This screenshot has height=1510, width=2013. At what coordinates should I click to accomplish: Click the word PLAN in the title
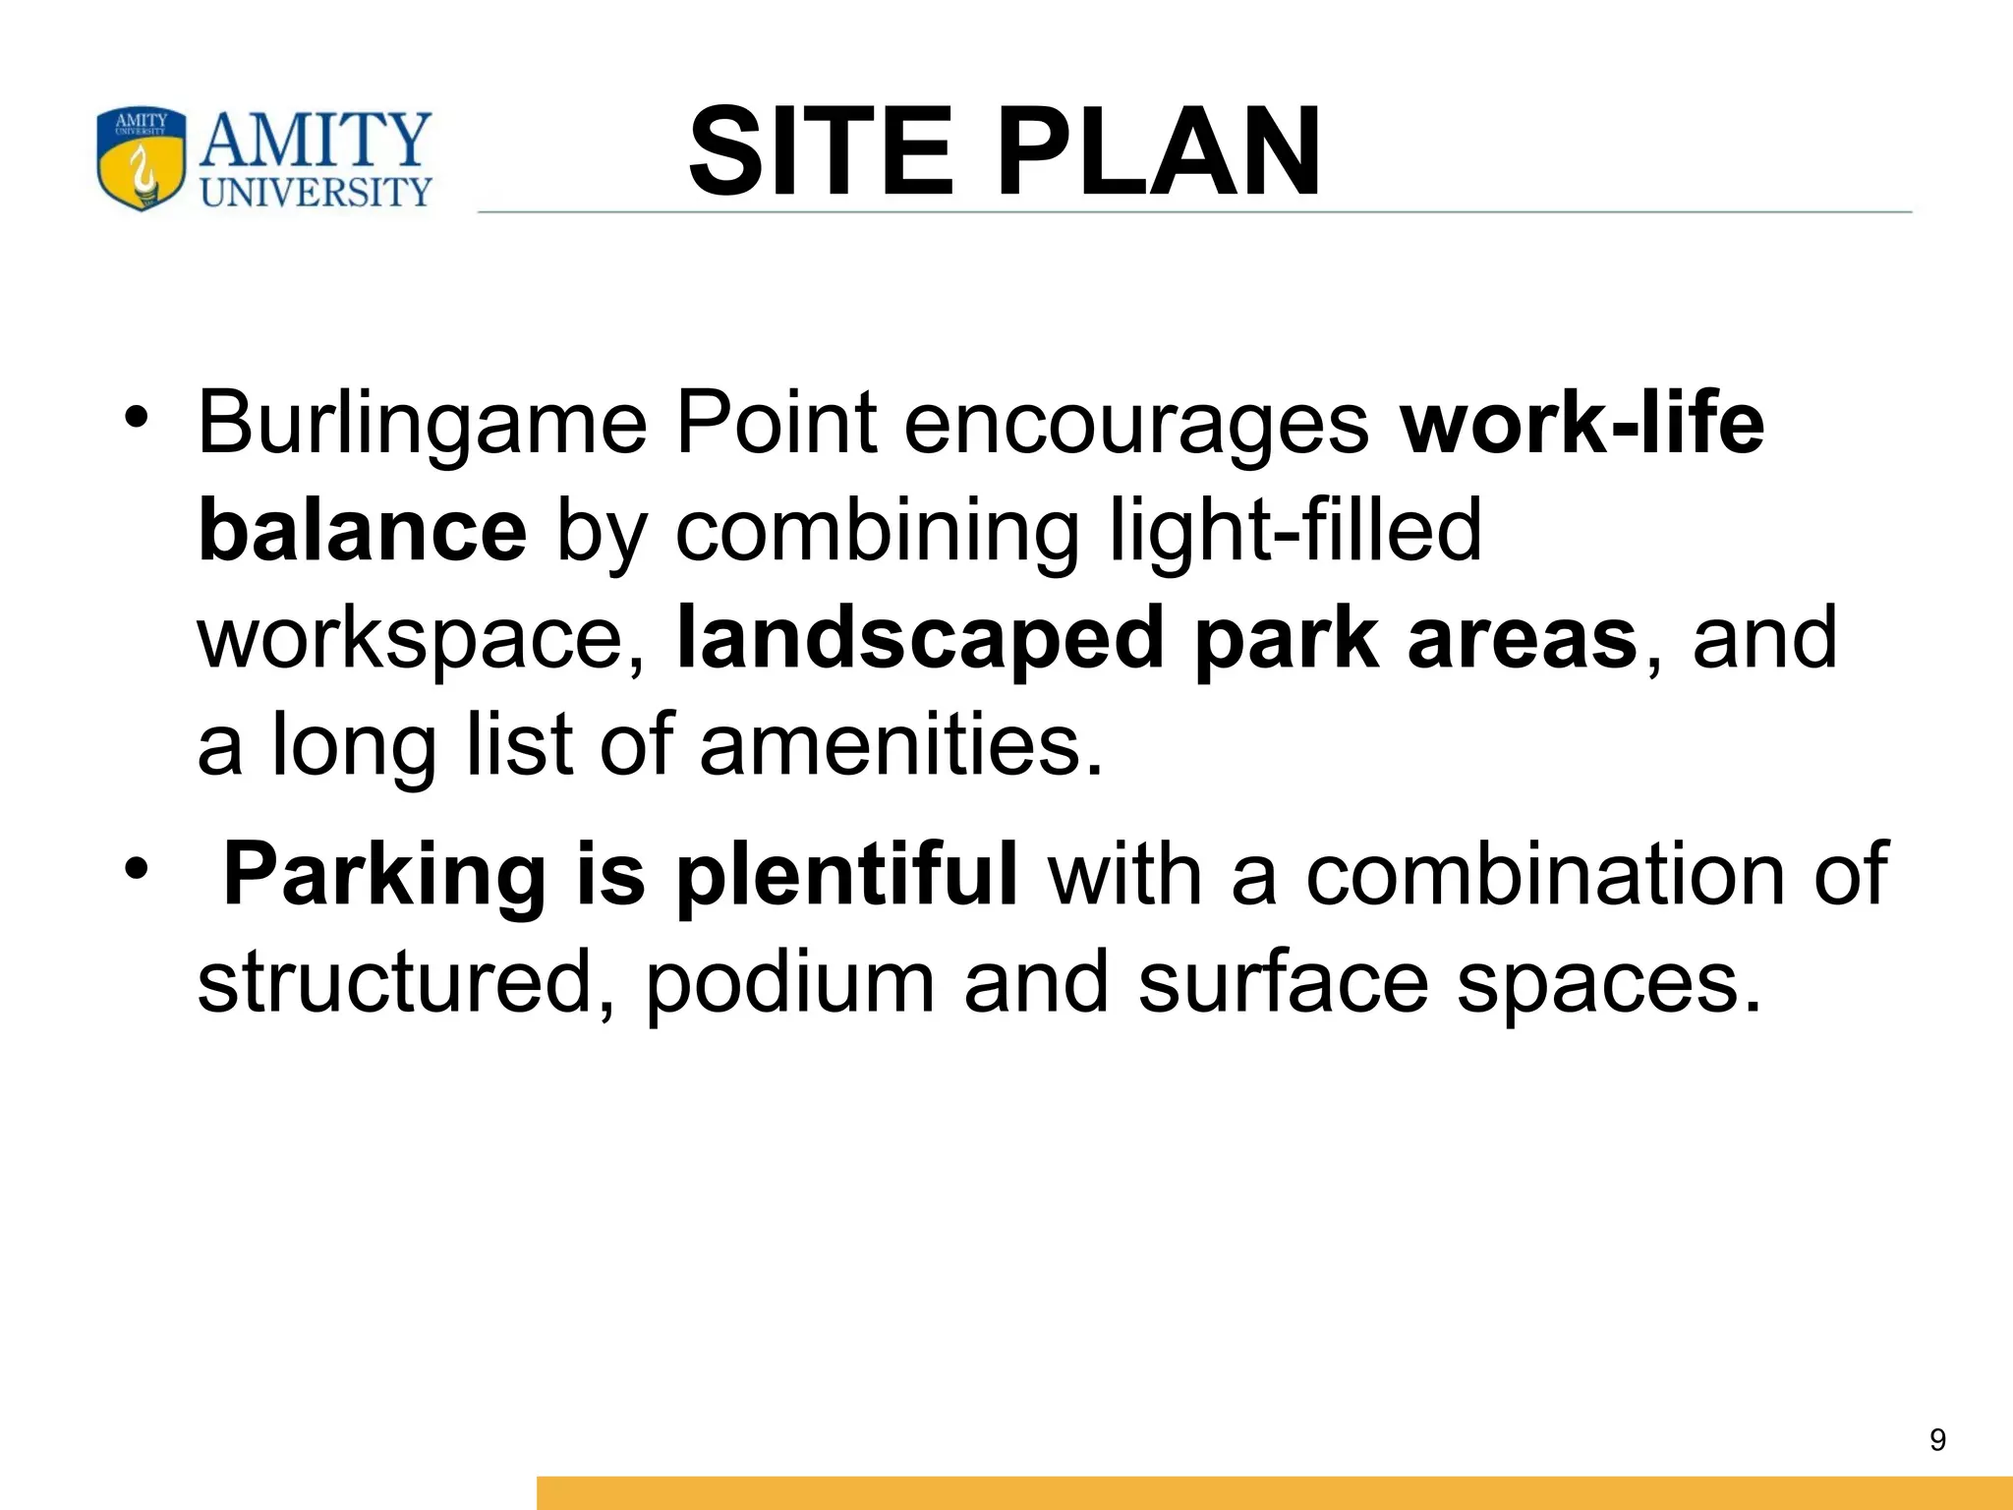[1160, 152]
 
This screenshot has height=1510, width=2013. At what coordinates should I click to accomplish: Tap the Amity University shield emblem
[141, 159]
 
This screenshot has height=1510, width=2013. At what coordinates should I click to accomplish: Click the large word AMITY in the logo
[316, 140]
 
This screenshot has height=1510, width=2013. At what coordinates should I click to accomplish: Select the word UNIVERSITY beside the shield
[316, 192]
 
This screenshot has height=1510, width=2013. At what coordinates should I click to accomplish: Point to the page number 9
[1937, 1440]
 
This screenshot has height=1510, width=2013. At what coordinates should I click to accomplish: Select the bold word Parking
[384, 875]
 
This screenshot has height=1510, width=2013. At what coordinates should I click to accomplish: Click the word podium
[789, 981]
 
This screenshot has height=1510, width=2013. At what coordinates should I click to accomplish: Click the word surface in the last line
[1283, 981]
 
